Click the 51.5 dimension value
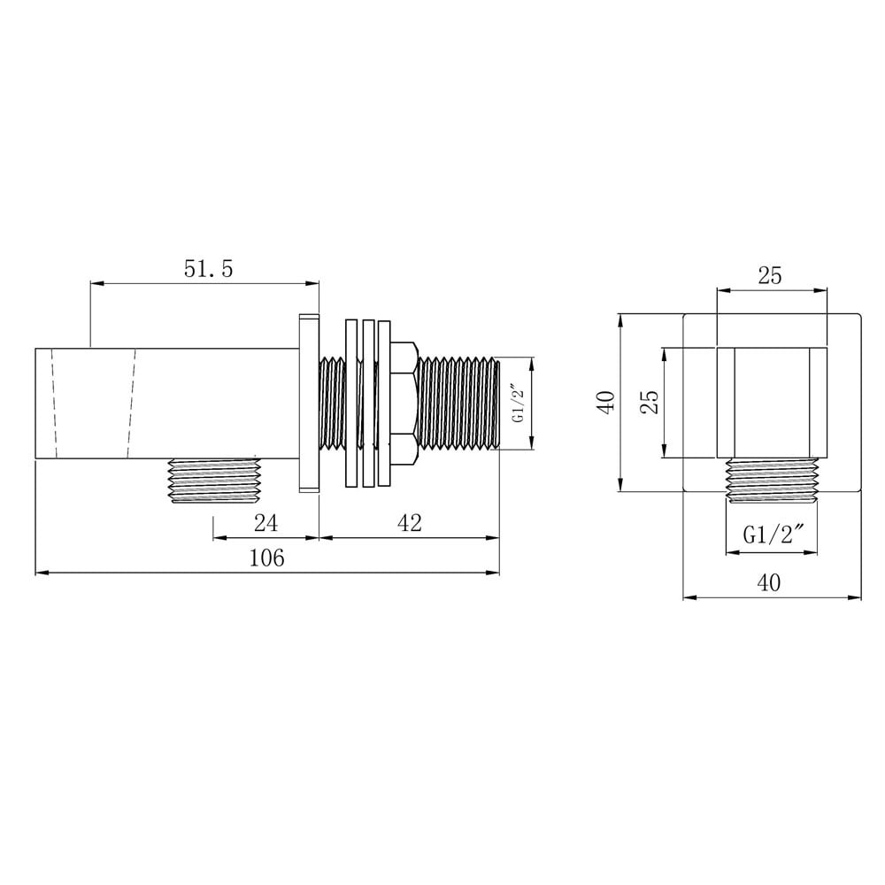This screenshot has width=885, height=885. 208,269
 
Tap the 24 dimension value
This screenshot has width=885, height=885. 265,523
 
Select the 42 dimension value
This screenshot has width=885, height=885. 409,523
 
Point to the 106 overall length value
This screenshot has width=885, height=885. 267,558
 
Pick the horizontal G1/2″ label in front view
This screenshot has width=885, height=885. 773,534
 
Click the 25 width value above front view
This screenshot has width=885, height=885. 770,275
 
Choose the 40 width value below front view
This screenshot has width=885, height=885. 769,582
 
